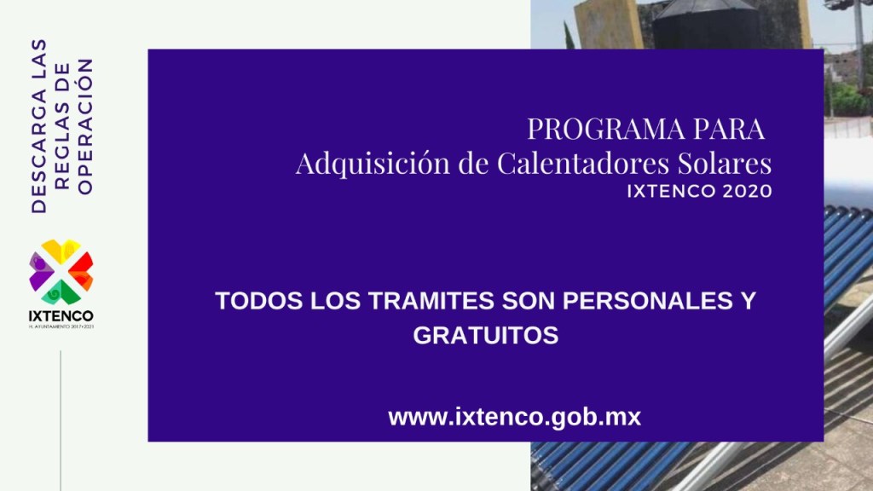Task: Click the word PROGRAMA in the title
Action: coord(606,129)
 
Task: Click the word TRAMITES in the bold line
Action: coord(431,301)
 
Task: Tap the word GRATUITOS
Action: coord(485,335)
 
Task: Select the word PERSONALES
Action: coord(648,301)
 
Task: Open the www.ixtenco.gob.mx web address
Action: coord(514,417)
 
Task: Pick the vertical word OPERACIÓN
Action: coord(84,126)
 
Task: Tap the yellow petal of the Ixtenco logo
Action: coord(61,251)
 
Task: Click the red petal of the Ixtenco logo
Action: coord(83,271)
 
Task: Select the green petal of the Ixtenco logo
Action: coord(61,293)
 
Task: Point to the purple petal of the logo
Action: coord(40,271)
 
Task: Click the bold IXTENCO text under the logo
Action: coord(61,316)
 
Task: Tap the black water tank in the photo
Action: coord(706,25)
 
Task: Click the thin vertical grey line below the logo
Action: coord(61,420)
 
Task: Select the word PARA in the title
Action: coord(729,129)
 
